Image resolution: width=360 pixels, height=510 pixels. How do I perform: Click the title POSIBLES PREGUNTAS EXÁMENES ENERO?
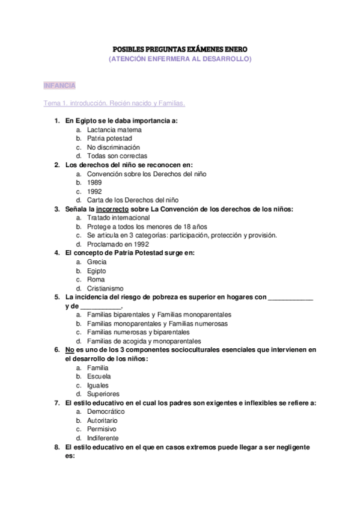pos(180,48)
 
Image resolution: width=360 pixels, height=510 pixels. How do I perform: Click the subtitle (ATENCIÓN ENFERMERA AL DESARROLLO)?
pos(180,59)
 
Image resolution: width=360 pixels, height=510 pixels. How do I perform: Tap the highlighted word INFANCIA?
pos(59,86)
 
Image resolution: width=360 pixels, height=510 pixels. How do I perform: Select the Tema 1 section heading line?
pos(114,103)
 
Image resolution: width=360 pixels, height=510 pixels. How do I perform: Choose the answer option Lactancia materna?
pos(114,129)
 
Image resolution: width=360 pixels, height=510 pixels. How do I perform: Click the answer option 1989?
pos(94,182)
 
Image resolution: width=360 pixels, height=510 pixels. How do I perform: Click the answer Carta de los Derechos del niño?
pos(132,200)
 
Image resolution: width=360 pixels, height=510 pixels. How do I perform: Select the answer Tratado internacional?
pos(118,217)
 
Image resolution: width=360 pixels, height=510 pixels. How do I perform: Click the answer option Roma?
pos(96,279)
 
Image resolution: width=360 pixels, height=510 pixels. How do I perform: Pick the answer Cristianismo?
pos(105,288)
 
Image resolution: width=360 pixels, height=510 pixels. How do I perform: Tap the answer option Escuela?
pos(99,376)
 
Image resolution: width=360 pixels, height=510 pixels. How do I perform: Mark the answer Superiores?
pos(103,394)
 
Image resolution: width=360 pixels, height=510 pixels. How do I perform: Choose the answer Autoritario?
pos(102,420)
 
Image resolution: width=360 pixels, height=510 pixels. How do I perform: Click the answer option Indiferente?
pos(102,438)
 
